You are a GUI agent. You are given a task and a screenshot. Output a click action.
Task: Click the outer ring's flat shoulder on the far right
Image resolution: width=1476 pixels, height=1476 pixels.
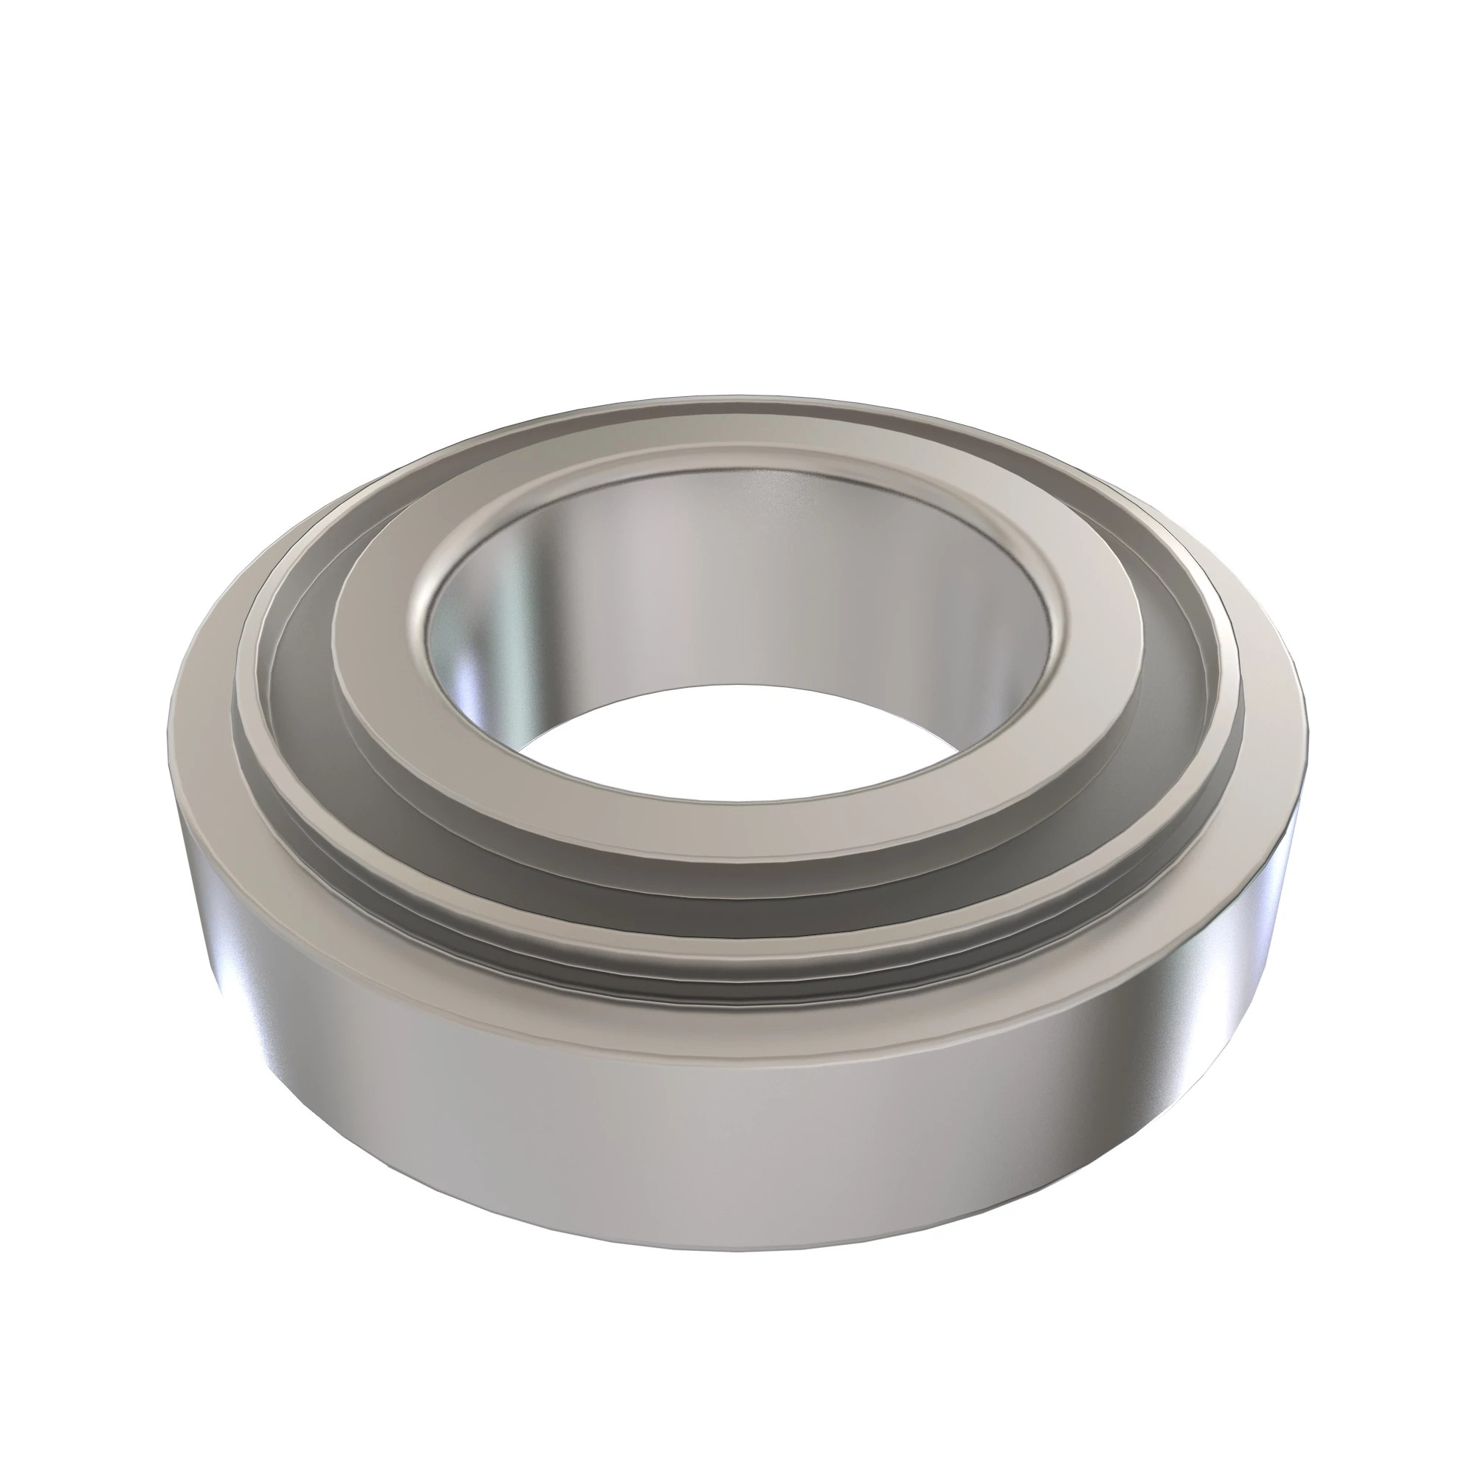[x=1272, y=734]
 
